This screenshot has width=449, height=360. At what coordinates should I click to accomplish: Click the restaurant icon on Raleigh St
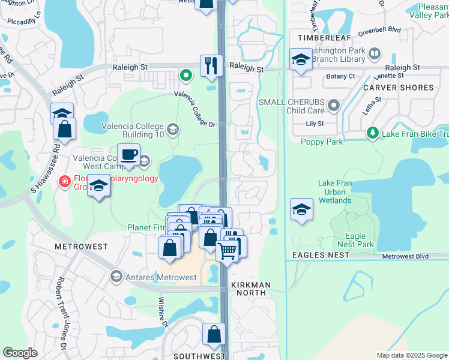point(211,65)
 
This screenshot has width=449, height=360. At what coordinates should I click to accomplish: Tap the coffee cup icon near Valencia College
point(128,155)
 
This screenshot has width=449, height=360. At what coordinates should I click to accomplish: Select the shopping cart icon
point(227,250)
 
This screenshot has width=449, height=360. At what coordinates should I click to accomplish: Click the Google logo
point(20,353)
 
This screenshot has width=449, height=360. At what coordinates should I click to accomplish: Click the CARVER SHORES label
point(398,88)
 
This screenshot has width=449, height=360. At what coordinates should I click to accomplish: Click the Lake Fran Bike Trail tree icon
point(372,132)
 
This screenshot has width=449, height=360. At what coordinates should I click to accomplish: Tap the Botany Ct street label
point(340,77)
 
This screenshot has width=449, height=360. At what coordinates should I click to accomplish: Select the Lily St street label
point(315,124)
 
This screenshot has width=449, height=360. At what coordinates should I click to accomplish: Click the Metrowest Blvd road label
point(405,256)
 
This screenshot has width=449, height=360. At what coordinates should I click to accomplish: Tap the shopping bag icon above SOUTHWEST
point(214,335)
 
